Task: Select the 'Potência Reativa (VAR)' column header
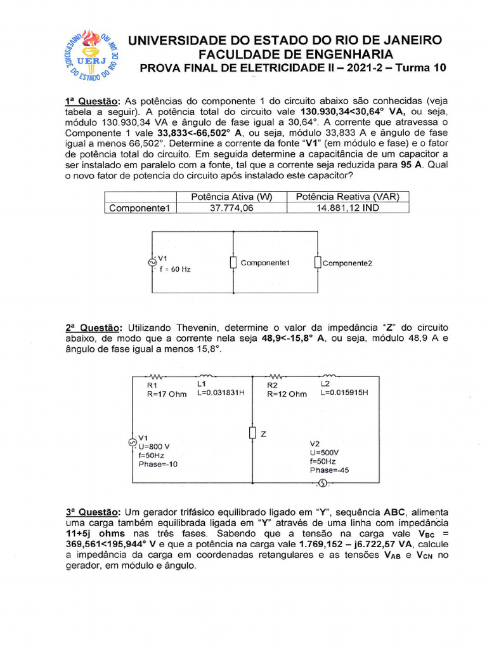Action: click(x=347, y=197)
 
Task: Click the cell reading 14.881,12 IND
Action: click(x=347, y=208)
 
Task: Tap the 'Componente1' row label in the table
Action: click(x=138, y=208)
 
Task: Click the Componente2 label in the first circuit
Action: click(x=347, y=263)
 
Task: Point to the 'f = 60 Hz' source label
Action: click(x=174, y=269)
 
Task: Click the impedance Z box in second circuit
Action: click(x=252, y=434)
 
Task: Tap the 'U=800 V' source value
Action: click(x=154, y=446)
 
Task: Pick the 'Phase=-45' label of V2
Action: click(x=329, y=470)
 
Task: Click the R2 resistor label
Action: click(x=272, y=385)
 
